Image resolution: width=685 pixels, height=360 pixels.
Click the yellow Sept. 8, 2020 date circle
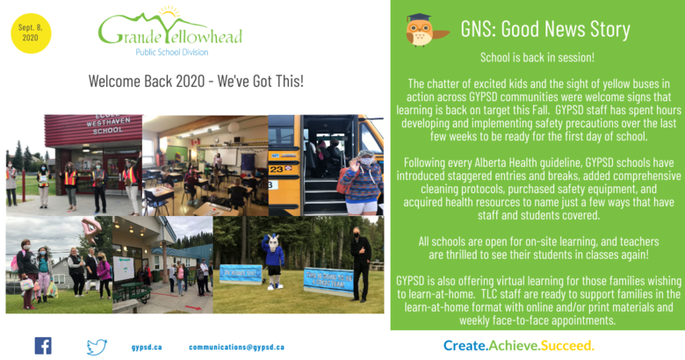[x=31, y=33]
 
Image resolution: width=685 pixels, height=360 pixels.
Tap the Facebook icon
[x=43, y=346]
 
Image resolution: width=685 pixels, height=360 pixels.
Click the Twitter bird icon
[x=97, y=347]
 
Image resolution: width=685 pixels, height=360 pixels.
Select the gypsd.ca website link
[x=147, y=348]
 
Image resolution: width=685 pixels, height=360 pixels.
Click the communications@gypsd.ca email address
[x=236, y=348]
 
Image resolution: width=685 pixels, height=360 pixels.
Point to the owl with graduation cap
[x=425, y=30]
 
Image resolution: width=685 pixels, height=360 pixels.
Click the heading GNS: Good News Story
[x=545, y=29]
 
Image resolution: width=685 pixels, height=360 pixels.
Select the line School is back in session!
[x=537, y=57]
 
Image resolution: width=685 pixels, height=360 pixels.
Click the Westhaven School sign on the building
[x=107, y=124]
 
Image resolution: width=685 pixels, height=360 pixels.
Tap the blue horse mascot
[x=273, y=262]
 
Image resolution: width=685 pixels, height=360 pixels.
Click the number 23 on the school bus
[x=276, y=169]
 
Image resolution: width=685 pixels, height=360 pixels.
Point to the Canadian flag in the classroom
[x=195, y=142]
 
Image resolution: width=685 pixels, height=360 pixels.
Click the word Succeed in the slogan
[x=567, y=346]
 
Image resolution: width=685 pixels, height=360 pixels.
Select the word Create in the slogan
[x=465, y=346]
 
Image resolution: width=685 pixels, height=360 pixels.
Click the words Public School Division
[x=171, y=52]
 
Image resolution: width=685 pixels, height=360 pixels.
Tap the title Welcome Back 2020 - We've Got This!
[x=196, y=82]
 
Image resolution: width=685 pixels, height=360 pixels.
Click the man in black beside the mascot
[x=360, y=265]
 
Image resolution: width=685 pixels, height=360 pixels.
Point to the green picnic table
[x=132, y=291]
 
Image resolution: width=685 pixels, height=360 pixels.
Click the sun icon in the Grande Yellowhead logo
[x=169, y=11]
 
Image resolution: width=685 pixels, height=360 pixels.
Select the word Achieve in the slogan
[x=514, y=346]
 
